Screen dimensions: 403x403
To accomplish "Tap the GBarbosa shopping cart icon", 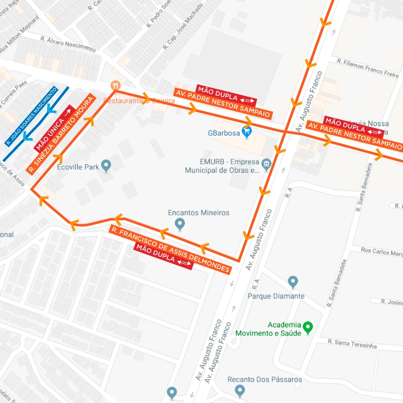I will tap(246, 132).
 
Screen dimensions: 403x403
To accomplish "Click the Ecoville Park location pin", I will tap(106, 165).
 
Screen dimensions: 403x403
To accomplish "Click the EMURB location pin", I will tap(266, 163).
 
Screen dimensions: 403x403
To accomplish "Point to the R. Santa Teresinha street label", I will tap(352, 344).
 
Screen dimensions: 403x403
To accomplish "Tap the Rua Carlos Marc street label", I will tap(381, 251).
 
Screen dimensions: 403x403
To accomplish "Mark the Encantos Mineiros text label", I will tap(198, 213).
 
